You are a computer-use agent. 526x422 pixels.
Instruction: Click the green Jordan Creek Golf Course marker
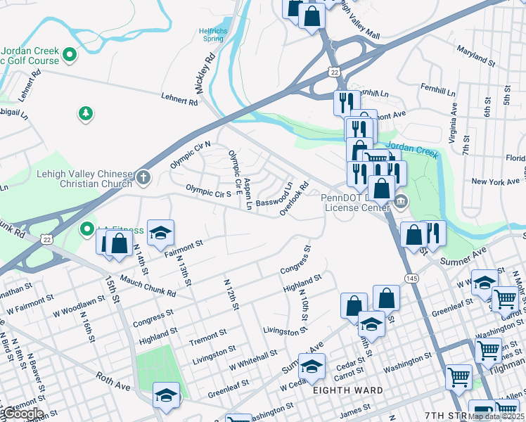[70, 54]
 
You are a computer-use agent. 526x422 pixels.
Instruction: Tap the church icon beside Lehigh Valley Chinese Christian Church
[143, 177]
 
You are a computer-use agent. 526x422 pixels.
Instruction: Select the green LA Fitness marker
[86, 229]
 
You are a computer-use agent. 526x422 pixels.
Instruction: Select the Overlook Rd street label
[295, 199]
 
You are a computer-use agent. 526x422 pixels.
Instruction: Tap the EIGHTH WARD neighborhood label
[349, 390]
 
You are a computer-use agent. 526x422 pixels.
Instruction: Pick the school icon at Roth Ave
[167, 396]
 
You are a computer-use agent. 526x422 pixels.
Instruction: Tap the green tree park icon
[86, 113]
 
